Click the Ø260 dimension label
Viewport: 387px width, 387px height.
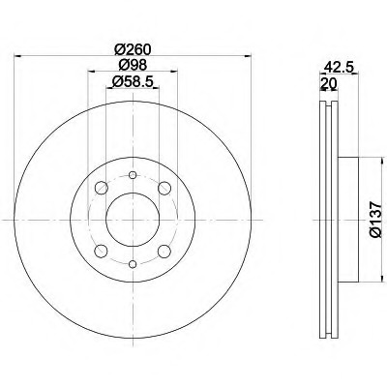(x=133, y=49)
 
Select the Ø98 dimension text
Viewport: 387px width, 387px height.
(x=133, y=65)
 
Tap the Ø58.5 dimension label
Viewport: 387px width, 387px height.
(x=133, y=81)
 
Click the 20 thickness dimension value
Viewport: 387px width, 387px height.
(x=329, y=83)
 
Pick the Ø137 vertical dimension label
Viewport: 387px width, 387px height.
(x=376, y=220)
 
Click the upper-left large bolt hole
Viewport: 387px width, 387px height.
(x=102, y=188)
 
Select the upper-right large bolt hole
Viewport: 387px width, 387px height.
(x=164, y=188)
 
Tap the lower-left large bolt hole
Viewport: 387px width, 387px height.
(x=102, y=252)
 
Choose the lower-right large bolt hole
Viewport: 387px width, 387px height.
(x=164, y=252)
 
